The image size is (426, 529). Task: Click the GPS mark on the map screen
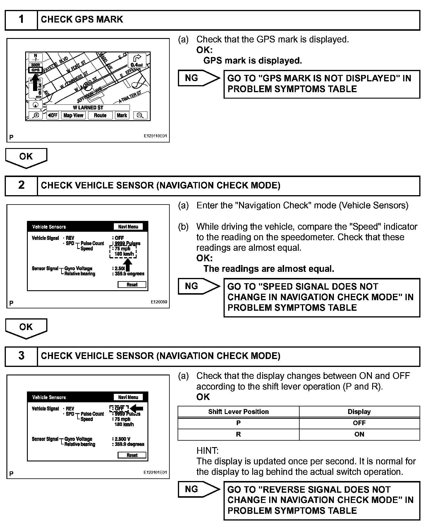(35, 70)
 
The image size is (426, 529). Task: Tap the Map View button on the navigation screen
(73, 115)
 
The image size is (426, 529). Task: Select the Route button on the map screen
(100, 115)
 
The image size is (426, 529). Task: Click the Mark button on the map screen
(122, 115)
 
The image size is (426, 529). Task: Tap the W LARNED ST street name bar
(88, 108)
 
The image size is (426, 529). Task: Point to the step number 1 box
(21, 20)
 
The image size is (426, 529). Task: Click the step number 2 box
(21, 186)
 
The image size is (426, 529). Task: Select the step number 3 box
(21, 356)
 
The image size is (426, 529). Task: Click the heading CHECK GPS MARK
(82, 20)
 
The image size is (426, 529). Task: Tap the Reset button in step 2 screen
(132, 285)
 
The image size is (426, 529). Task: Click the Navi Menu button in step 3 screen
(128, 397)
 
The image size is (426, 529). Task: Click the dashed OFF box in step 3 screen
(119, 408)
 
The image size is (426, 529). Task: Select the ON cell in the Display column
(359, 434)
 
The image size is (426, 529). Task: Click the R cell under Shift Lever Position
(238, 434)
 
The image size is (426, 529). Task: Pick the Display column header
(359, 412)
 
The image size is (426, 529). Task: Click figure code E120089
(159, 302)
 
